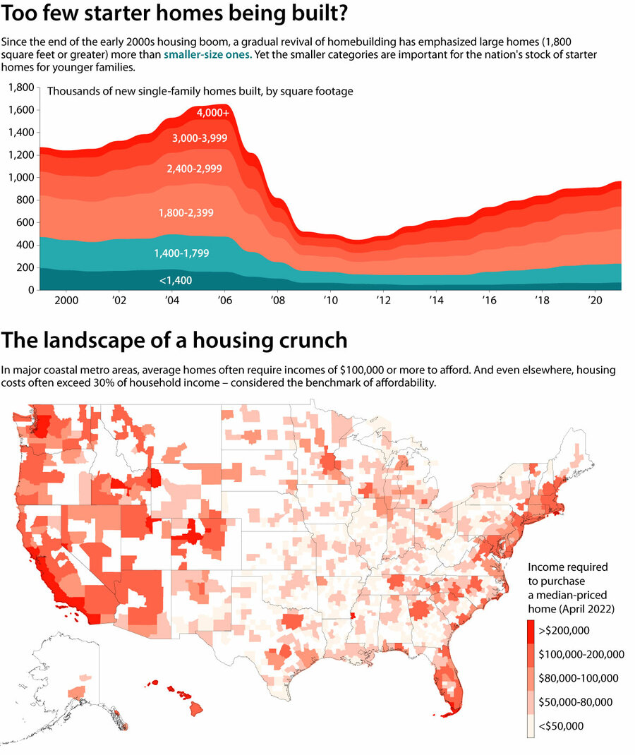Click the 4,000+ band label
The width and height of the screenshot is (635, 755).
(x=213, y=113)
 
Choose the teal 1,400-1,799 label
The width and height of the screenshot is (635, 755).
(x=181, y=253)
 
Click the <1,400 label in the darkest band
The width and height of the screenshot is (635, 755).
(x=176, y=280)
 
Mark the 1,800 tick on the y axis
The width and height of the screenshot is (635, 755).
(x=20, y=87)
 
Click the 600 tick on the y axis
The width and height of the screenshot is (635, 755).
(x=25, y=222)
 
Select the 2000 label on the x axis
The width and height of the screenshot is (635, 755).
(x=66, y=300)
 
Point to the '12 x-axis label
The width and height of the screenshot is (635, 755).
(x=384, y=300)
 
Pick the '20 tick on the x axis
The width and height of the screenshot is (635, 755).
(x=593, y=300)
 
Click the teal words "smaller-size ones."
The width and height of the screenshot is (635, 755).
(x=207, y=54)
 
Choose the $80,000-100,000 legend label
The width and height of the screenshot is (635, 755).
(x=579, y=678)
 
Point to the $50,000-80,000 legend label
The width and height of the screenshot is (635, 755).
(x=576, y=702)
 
